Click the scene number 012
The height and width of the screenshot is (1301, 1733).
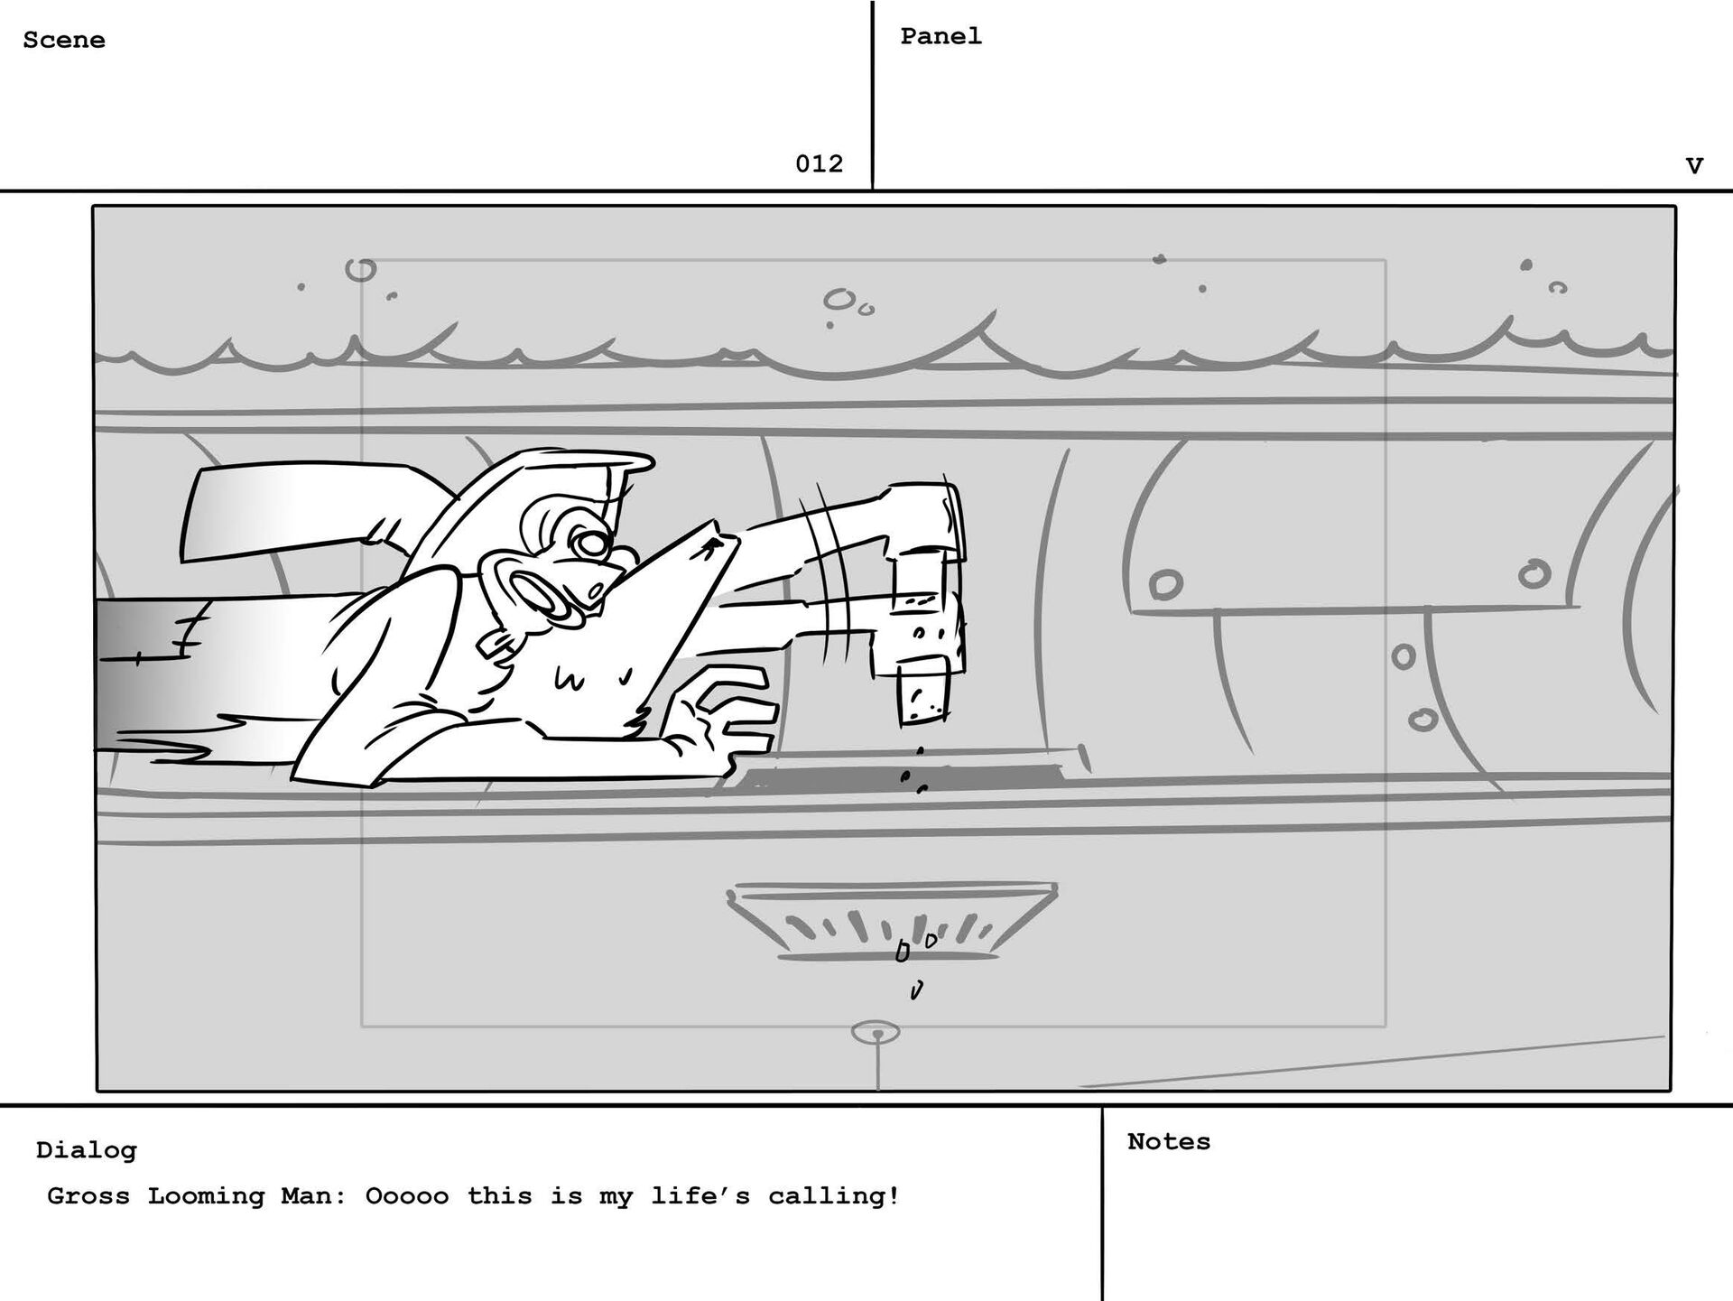[x=819, y=163]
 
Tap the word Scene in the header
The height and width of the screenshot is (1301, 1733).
[x=64, y=41]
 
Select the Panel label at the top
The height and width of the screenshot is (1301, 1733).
[x=941, y=36]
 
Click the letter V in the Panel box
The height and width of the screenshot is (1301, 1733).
[x=1694, y=166]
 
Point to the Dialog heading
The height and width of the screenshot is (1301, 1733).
[x=87, y=1150]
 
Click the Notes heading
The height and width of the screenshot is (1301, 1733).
[x=1169, y=1141]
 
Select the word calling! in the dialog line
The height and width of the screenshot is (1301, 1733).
[x=834, y=1196]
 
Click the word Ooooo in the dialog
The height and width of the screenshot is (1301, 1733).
[x=406, y=1196]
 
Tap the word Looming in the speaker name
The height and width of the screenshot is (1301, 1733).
[x=207, y=1196]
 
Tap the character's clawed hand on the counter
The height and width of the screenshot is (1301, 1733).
[x=722, y=713]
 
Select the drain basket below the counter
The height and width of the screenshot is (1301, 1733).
[x=892, y=921]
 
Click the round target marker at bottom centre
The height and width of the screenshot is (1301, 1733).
[x=876, y=1033]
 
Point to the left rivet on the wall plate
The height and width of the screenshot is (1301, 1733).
[x=1165, y=584]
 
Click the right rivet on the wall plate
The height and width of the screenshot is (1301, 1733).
[x=1534, y=573]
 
